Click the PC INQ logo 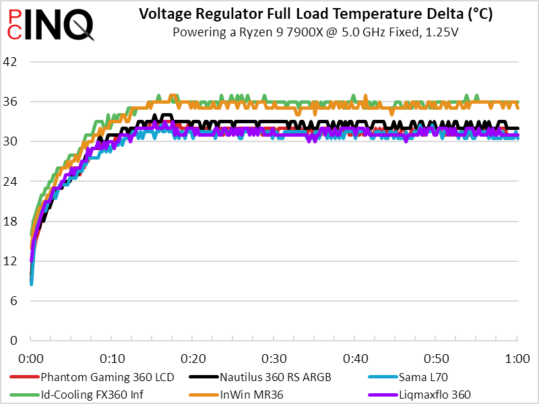[x=51, y=24]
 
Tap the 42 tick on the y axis [x=16, y=62]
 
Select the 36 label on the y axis [x=16, y=102]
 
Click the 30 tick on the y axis [x=16, y=141]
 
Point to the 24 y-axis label [x=16, y=181]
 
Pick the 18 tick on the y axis [x=16, y=221]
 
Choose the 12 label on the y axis [x=16, y=261]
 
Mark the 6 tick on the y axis [x=19, y=300]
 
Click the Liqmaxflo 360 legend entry [x=432, y=394]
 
